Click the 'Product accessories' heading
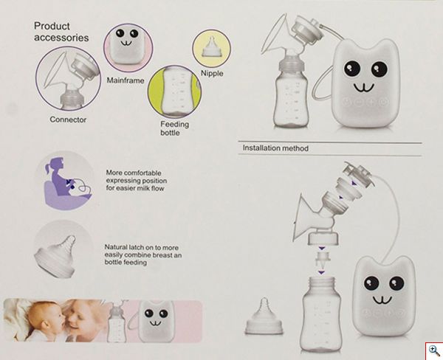tap(61, 30)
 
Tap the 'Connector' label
tap(68, 119)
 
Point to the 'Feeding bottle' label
tap(175, 129)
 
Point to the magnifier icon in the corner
tap(432, 350)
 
